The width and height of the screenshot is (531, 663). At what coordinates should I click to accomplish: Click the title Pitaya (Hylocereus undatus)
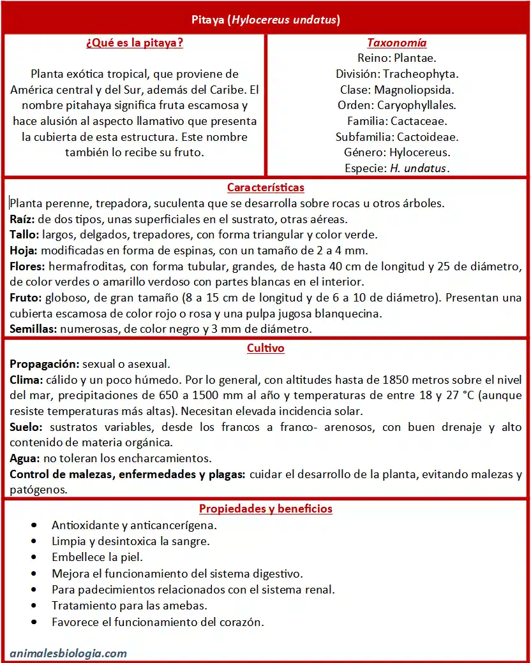pos(265,20)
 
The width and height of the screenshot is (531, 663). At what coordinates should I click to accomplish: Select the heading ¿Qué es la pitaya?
pos(134,43)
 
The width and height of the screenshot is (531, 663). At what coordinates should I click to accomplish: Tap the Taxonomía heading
pos(396,43)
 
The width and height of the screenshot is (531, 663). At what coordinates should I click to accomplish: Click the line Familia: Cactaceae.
pos(396,121)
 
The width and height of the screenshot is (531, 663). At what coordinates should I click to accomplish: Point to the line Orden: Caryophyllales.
pos(396,105)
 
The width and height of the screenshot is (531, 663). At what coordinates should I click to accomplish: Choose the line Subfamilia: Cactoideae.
pos(396,136)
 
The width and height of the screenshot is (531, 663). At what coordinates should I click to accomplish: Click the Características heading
pos(265,187)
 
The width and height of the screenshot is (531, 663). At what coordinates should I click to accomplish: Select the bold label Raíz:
pos(21,219)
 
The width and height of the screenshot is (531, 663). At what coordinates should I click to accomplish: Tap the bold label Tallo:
pos(24,235)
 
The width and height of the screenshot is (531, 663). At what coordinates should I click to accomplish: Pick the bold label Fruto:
pos(25,298)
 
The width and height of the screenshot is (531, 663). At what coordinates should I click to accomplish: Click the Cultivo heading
pos(265,348)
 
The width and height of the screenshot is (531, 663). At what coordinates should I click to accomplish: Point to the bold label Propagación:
pos(44,364)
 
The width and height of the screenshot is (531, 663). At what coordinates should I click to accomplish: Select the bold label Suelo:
pos(25,427)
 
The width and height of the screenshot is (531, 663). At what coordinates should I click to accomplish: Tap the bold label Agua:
pos(24,458)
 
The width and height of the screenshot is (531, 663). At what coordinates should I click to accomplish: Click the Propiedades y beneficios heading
pos(265,509)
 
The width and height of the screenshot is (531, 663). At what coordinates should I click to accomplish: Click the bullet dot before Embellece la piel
pos(34,557)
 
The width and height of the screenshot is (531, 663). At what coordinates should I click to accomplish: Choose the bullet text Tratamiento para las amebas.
pos(130,606)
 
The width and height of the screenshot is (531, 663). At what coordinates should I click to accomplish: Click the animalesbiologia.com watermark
pos(68,653)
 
